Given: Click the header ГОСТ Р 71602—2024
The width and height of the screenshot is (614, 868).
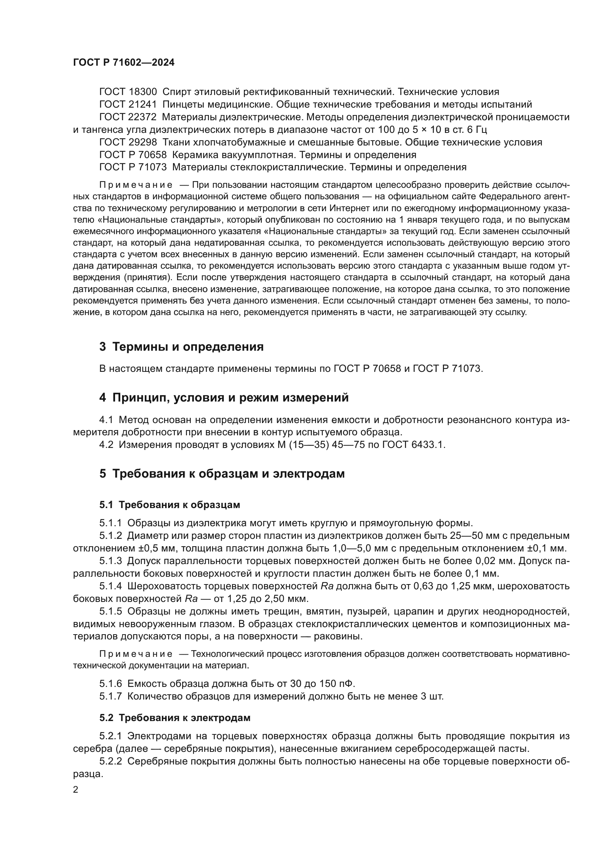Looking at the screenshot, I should tap(124, 63).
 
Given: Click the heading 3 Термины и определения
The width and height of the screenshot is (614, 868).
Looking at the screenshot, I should tap(182, 347).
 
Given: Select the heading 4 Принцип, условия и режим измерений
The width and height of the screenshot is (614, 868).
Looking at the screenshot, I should tap(224, 398).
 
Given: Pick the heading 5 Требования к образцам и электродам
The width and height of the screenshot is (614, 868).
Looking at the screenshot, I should tap(222, 474).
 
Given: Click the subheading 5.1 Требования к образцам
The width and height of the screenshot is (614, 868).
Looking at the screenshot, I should tap(170, 505).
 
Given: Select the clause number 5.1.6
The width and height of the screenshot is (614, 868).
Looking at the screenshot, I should tap(110, 684).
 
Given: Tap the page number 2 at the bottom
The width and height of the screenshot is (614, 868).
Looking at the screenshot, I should tap(76, 790).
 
